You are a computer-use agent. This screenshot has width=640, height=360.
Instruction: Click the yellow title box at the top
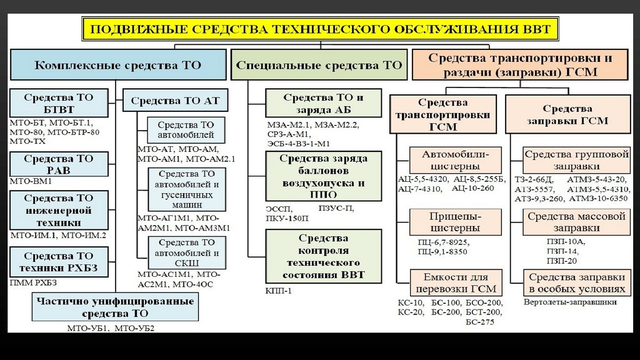[x=319, y=29]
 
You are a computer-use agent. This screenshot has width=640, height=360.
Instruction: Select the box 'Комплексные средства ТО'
[x=118, y=64]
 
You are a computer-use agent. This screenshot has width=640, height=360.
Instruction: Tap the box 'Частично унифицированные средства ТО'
[x=115, y=307]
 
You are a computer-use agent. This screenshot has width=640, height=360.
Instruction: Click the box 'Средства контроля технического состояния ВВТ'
[x=323, y=256]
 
